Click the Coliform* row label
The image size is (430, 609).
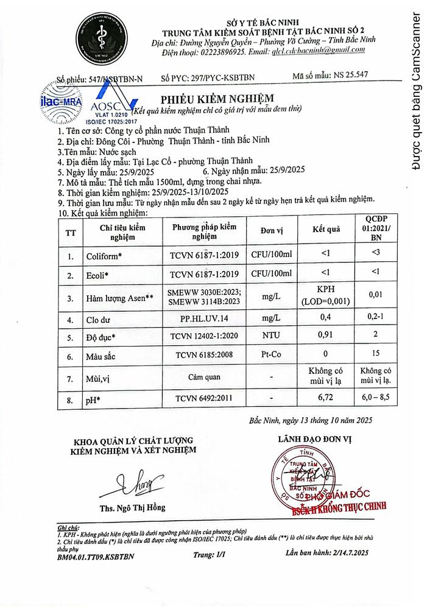pyautogui.click(x=104, y=256)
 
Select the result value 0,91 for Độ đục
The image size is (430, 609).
pyautogui.click(x=326, y=334)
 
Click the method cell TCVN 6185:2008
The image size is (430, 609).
pyautogui.click(x=201, y=354)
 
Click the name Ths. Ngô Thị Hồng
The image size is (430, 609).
pyautogui.click(x=133, y=508)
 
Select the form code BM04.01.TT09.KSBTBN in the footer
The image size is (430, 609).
pyautogui.click(x=96, y=556)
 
